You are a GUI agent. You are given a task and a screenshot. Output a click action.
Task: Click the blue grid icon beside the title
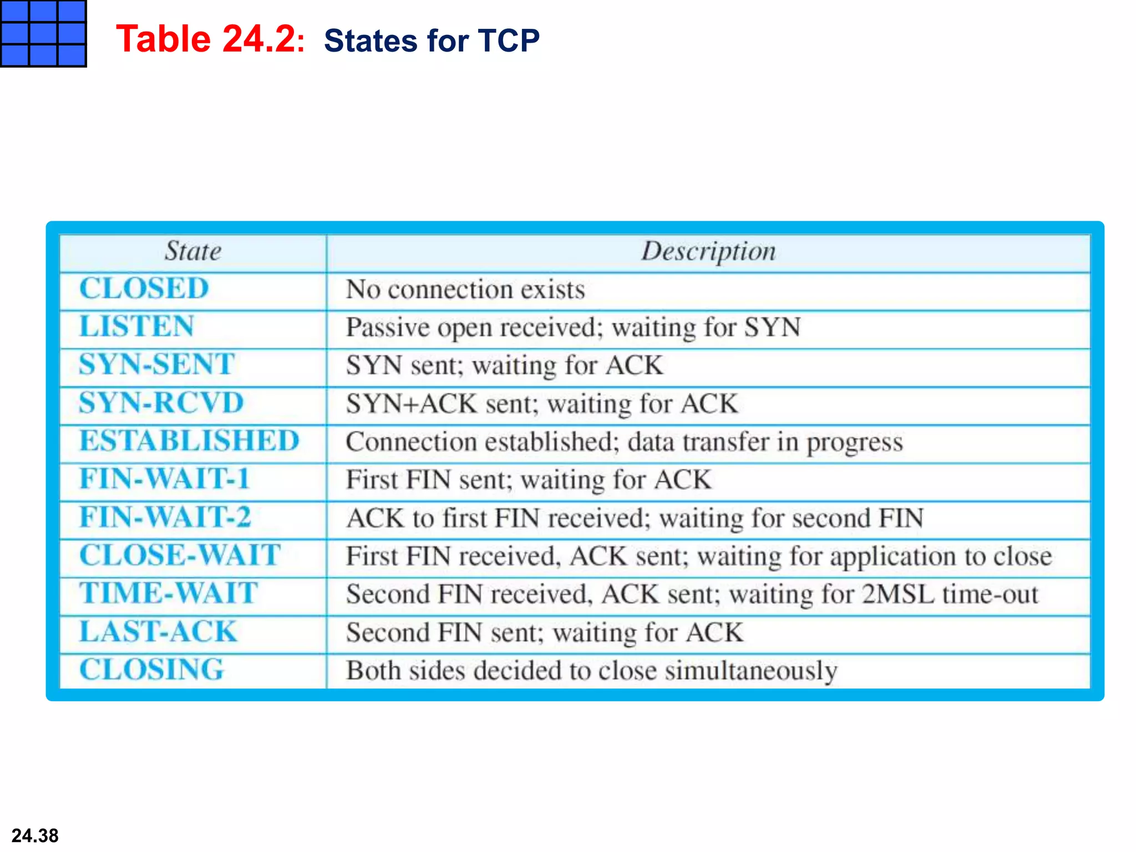(43, 33)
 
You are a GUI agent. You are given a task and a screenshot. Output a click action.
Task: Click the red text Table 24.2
(206, 39)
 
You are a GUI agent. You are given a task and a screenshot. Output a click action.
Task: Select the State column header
(193, 251)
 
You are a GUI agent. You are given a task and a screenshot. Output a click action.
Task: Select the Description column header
(708, 251)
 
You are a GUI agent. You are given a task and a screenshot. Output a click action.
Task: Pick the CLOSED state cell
(144, 288)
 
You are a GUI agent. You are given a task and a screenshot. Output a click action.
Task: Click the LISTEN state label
(136, 326)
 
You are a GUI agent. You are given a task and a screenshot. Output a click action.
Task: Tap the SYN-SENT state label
(157, 364)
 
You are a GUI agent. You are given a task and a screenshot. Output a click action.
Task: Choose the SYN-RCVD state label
(161, 403)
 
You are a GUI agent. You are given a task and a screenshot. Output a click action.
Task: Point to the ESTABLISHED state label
(189, 441)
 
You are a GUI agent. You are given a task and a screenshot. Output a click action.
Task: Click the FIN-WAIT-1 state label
(164, 479)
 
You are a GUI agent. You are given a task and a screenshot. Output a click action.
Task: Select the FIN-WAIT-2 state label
(165, 517)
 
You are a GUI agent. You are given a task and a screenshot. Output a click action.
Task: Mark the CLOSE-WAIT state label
(180, 555)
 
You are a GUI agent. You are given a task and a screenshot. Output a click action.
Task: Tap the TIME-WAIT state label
(169, 593)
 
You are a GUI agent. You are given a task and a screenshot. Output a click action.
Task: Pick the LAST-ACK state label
(159, 631)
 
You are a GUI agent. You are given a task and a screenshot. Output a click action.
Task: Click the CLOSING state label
(151, 670)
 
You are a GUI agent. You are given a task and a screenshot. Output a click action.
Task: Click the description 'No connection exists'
(465, 290)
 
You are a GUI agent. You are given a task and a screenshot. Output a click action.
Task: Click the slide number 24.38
(35, 835)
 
